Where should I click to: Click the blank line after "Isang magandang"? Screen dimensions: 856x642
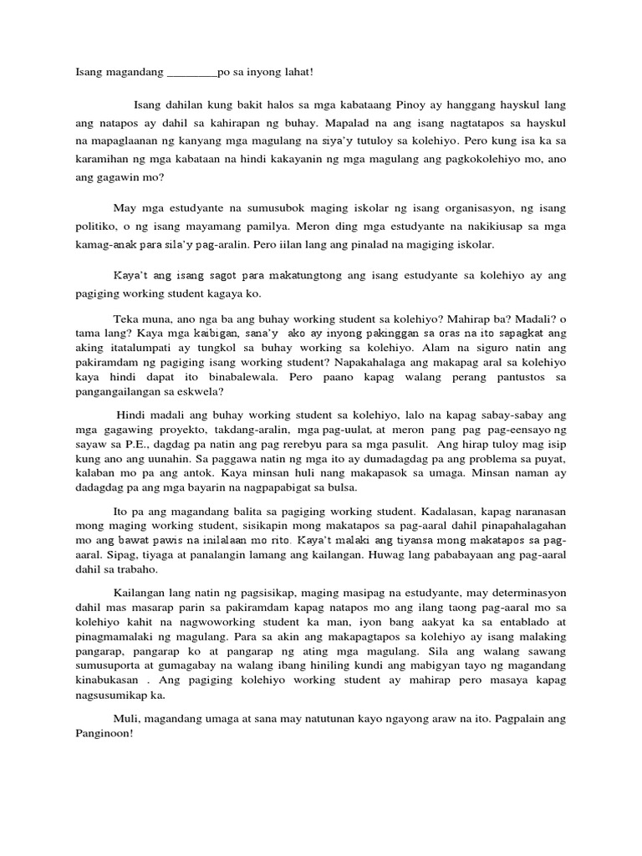point(191,73)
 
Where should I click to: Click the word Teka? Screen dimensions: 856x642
point(126,319)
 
